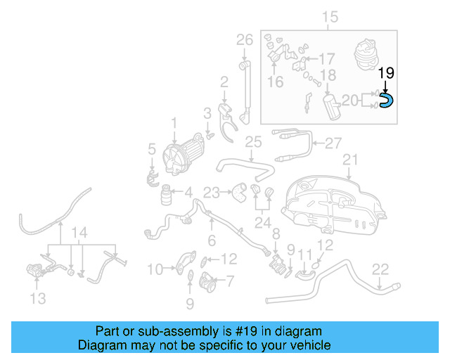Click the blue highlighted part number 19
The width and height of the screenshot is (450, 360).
386,102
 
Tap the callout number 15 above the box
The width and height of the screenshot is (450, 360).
330,17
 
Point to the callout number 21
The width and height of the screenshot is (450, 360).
349,160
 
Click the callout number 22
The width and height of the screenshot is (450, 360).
380,268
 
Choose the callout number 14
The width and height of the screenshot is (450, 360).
81,233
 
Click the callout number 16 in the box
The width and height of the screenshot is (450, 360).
275,82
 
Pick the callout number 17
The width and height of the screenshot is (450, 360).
328,59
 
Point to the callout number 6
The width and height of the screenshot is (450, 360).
211,240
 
